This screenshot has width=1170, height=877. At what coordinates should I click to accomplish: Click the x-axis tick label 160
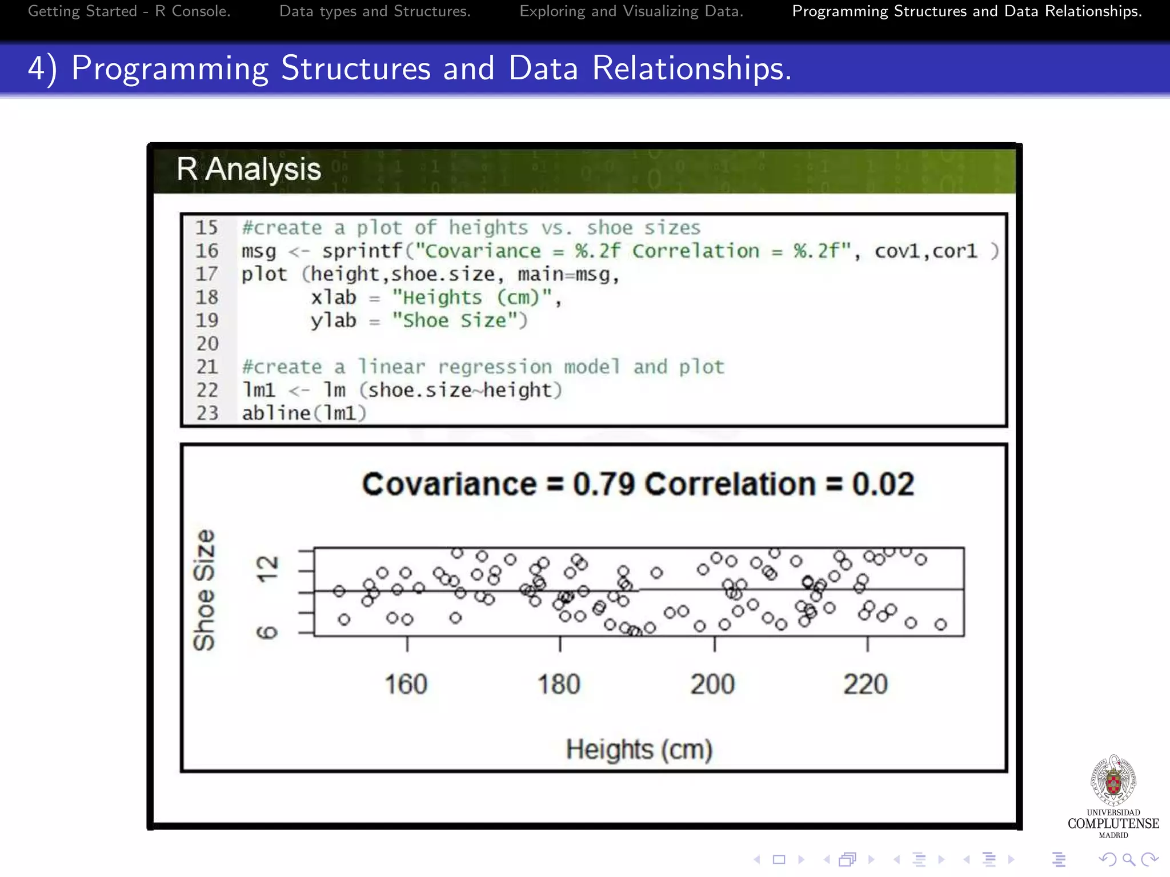tap(406, 684)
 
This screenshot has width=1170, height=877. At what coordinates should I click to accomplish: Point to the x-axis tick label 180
tap(559, 684)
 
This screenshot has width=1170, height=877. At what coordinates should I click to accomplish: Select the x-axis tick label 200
tap(712, 684)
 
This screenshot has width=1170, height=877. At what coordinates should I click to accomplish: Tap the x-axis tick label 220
tap(866, 684)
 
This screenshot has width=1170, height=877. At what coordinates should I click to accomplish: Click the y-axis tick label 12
tap(267, 569)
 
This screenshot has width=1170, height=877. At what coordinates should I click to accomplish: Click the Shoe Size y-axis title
tap(204, 590)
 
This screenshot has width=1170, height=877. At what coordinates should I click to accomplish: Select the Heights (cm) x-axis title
tap(639, 750)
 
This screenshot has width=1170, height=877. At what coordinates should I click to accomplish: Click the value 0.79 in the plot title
tap(604, 484)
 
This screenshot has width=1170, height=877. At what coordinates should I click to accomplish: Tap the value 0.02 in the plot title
tap(883, 484)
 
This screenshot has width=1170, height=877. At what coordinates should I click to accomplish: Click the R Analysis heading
tap(249, 169)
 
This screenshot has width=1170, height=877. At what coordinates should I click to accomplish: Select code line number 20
tap(207, 344)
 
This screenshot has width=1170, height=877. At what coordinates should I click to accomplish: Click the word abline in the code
tap(276, 413)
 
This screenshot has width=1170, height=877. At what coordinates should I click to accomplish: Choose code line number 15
tap(207, 227)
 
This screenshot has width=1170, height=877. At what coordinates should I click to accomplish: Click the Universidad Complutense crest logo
tap(1113, 781)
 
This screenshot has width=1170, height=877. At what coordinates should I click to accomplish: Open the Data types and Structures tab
tap(375, 11)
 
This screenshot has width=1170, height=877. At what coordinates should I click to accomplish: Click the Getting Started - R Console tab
tap(129, 11)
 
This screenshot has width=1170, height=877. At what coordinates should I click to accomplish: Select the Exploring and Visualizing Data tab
tap(631, 11)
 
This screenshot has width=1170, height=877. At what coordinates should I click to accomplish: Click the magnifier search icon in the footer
tap(1128, 859)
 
